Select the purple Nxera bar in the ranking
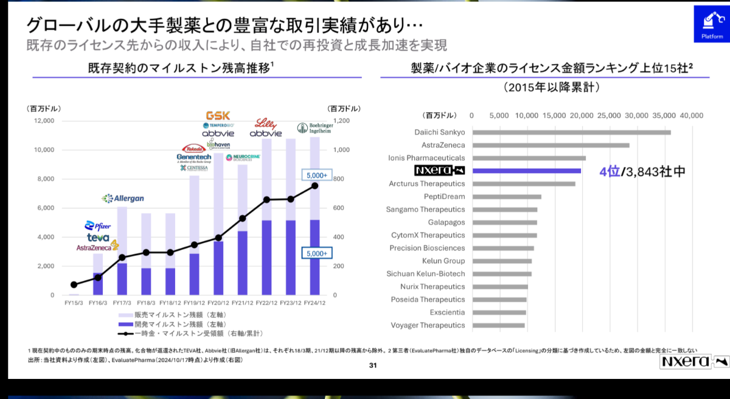pos(527,171)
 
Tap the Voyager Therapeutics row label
pos(428,325)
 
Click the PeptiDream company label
pos(444,197)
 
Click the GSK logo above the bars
pos(218,115)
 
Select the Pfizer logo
pos(98,226)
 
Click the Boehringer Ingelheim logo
pos(315,129)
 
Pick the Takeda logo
pos(195,148)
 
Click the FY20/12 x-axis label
pos(217,303)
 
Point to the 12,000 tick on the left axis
pos(43,121)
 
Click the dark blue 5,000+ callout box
pos(316,253)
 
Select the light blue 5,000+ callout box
pos(316,175)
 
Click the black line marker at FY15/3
pos(74,284)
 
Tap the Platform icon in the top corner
pos(712,26)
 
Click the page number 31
pos(374,366)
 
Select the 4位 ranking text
pos(609,172)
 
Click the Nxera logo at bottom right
pos(693,362)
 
